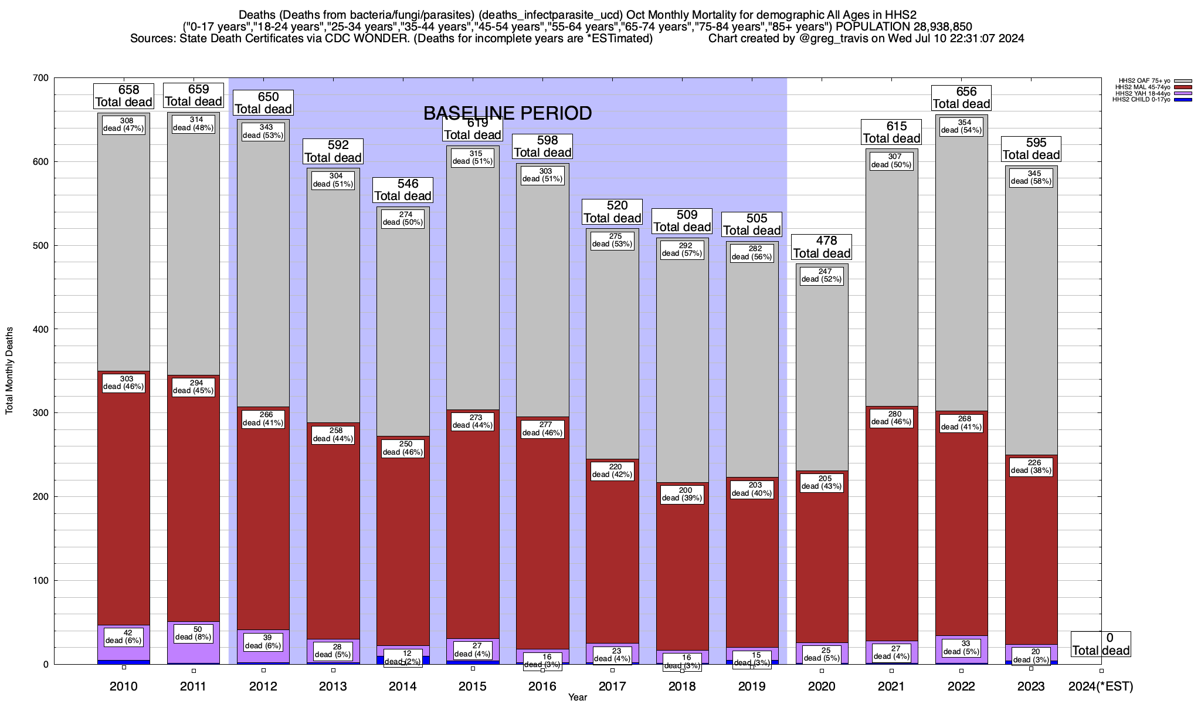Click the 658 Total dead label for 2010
123,96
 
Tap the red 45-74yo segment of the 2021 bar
891,528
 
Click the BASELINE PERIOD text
507,113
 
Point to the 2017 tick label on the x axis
612,686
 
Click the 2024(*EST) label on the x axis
1101,686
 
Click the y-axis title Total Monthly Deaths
9,371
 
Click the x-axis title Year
577,698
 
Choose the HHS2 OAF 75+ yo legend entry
1144,81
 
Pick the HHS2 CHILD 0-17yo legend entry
1144,100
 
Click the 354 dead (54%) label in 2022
961,127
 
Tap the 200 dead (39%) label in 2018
682,495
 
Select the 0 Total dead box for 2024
1101,644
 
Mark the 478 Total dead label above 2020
822,247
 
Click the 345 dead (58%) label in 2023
1031,177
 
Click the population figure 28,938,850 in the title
934,27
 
